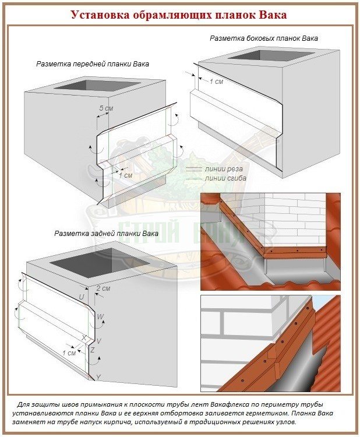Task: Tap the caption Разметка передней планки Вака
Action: point(92,65)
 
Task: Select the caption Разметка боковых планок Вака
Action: point(264,38)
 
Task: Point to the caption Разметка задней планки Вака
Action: point(106,233)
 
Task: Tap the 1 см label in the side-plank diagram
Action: point(216,81)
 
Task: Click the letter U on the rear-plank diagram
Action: point(82,298)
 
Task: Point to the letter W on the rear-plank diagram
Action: point(101,317)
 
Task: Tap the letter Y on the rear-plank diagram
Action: point(98,377)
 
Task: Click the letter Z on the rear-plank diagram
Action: point(92,350)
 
